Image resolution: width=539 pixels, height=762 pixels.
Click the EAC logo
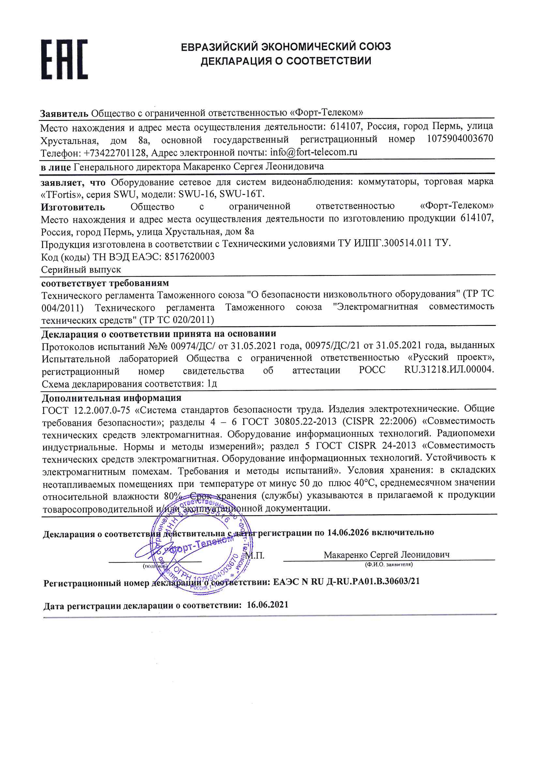(65, 59)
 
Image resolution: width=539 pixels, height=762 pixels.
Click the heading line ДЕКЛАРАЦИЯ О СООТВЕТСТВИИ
(286, 61)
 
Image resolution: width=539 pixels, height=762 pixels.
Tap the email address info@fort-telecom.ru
(313, 152)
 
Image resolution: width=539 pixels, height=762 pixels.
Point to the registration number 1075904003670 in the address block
(460, 139)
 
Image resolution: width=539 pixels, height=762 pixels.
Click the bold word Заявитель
(64, 113)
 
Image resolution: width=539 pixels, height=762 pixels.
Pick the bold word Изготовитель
(73, 207)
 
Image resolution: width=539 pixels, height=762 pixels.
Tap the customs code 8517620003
(189, 256)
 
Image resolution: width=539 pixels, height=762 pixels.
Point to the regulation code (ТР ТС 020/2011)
(176, 320)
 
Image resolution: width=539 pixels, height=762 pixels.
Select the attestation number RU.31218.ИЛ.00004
(449, 370)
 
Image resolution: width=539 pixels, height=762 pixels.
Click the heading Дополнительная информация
(112, 398)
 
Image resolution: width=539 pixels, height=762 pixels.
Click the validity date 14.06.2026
(348, 532)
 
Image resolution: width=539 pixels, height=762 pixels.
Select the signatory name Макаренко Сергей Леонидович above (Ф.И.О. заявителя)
(387, 555)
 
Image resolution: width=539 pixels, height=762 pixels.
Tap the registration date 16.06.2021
(267, 605)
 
